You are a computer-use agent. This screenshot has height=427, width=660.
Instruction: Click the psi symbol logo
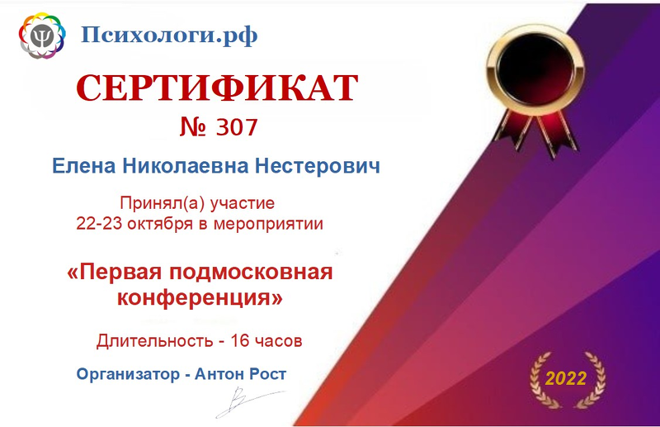pos(42,36)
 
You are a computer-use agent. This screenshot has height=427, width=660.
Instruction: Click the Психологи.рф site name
pos(169,35)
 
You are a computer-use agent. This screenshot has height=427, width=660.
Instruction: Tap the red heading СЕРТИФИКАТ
pos(217,88)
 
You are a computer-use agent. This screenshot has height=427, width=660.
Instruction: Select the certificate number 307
pos(236,127)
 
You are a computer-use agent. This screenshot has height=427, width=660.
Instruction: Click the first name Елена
pos(84,166)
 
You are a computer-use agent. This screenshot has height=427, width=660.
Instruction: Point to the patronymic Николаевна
pos(185,166)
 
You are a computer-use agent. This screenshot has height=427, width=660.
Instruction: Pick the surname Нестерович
pos(318,166)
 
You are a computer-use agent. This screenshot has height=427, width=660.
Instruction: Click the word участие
pos(242,204)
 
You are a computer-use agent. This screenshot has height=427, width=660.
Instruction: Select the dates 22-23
pos(98,223)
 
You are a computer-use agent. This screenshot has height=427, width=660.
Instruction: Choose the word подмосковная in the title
pos(251,273)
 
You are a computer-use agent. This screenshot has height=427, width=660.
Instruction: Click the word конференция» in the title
pos(200,297)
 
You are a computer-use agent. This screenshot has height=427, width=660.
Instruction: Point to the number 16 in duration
pos(240,340)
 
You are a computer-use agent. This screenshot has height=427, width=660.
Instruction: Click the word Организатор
pos(128,374)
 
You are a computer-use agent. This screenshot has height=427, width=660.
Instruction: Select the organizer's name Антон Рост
pos(240,374)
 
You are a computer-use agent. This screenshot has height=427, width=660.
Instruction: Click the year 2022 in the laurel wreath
pos(566,378)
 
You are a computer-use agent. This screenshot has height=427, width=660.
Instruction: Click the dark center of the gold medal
pos(535,69)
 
